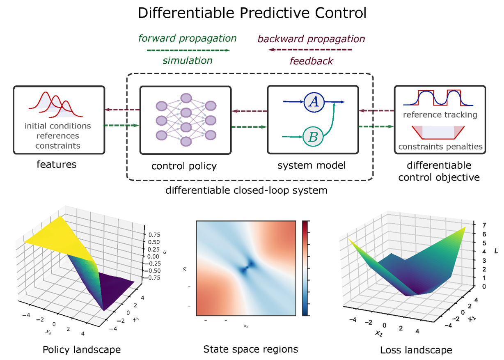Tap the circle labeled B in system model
[x=313, y=136]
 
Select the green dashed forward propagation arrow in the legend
[x=188, y=50]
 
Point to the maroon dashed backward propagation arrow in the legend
[x=311, y=50]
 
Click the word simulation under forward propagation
[x=188, y=61]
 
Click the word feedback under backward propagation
[x=312, y=61]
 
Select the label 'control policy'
[x=184, y=166]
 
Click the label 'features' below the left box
[x=57, y=165]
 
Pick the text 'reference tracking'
[x=440, y=115]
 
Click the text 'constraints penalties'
[x=440, y=147]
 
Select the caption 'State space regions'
[x=250, y=350]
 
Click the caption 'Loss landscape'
[x=417, y=350]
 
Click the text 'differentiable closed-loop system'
[x=246, y=190]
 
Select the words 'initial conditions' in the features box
[x=58, y=126]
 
